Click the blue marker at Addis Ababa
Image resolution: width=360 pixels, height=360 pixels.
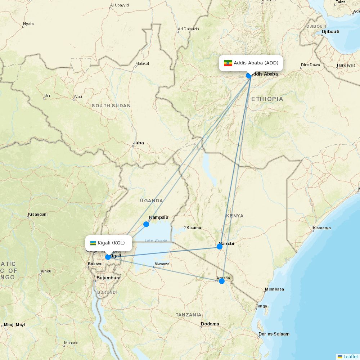click(249, 75)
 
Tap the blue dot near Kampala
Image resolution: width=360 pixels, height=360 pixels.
click(146, 224)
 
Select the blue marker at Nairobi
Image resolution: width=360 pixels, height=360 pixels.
click(220, 247)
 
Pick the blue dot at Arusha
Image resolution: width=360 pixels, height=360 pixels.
click(222, 281)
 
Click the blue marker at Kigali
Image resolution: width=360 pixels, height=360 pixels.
click(108, 257)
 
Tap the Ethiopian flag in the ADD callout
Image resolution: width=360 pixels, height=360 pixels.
click(228, 63)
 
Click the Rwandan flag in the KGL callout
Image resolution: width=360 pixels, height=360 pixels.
click(93, 243)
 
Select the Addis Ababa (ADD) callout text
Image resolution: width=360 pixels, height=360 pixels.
click(256, 63)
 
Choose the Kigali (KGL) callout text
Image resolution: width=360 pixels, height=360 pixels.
click(111, 243)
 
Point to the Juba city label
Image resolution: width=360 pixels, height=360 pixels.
click(138, 143)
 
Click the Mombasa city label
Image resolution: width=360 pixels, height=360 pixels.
click(274, 289)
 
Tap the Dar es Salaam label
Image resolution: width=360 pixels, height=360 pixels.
click(274, 334)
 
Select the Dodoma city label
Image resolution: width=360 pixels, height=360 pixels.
click(210, 324)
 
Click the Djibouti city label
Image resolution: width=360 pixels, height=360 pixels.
click(330, 32)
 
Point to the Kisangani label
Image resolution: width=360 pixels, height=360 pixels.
click(37, 214)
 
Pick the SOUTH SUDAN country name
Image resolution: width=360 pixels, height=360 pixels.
click(111, 106)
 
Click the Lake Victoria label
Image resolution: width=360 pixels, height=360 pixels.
click(156, 241)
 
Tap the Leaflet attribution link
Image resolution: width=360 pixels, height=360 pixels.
click(350, 356)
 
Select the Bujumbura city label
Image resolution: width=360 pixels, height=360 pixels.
click(108, 278)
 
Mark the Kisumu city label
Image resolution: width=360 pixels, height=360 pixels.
click(194, 228)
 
